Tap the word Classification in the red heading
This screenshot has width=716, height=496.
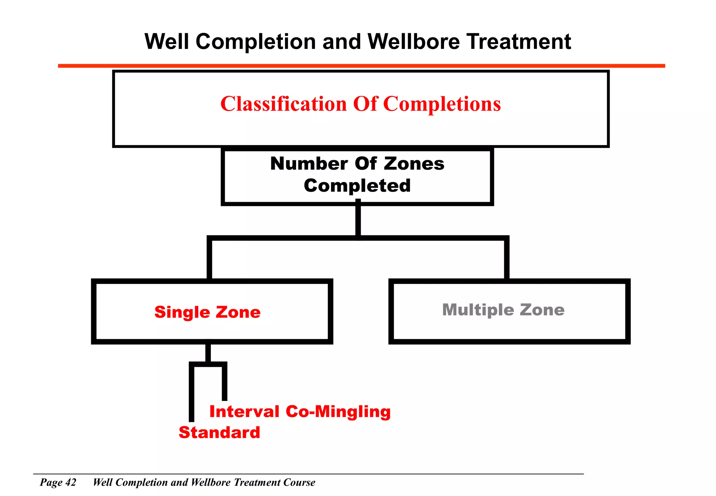coord(284,104)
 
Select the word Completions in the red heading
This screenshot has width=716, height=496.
coord(442,104)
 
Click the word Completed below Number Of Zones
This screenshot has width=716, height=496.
coord(357,185)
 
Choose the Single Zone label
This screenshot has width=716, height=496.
coord(207,312)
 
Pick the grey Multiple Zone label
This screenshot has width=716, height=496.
coord(503,310)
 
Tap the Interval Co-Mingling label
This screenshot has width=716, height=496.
coord(300,411)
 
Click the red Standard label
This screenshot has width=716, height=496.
coord(219,433)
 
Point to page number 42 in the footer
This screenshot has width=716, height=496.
coord(71,482)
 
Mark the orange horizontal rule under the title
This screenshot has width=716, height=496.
coord(361,66)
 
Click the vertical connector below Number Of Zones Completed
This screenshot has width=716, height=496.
coord(358,220)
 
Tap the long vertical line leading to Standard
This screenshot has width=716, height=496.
coord(192,394)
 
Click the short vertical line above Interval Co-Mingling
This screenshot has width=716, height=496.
coord(224,383)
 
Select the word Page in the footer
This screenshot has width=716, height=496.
coord(51,482)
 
